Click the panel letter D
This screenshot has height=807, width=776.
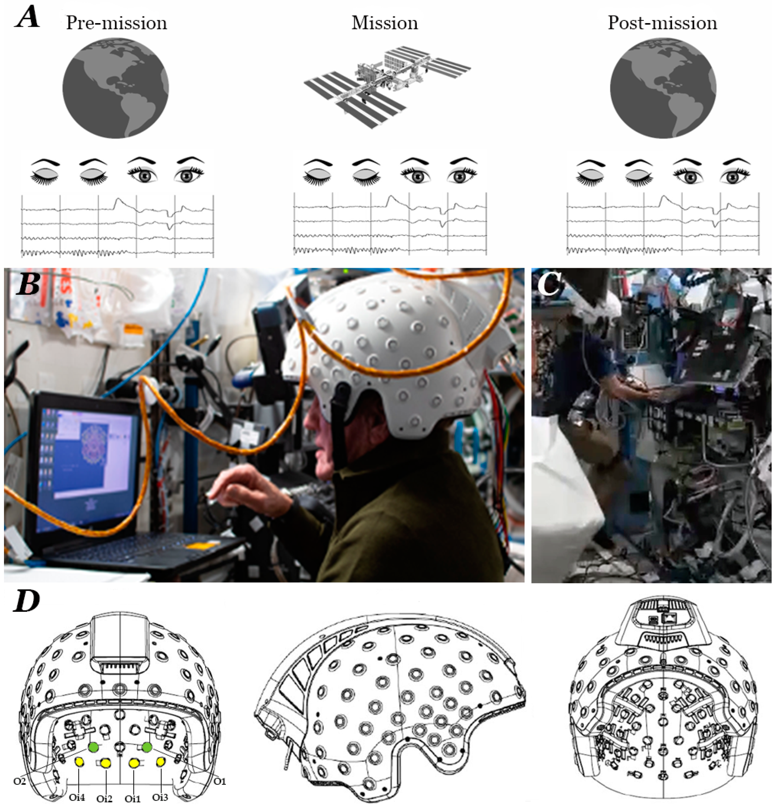[26, 602]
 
